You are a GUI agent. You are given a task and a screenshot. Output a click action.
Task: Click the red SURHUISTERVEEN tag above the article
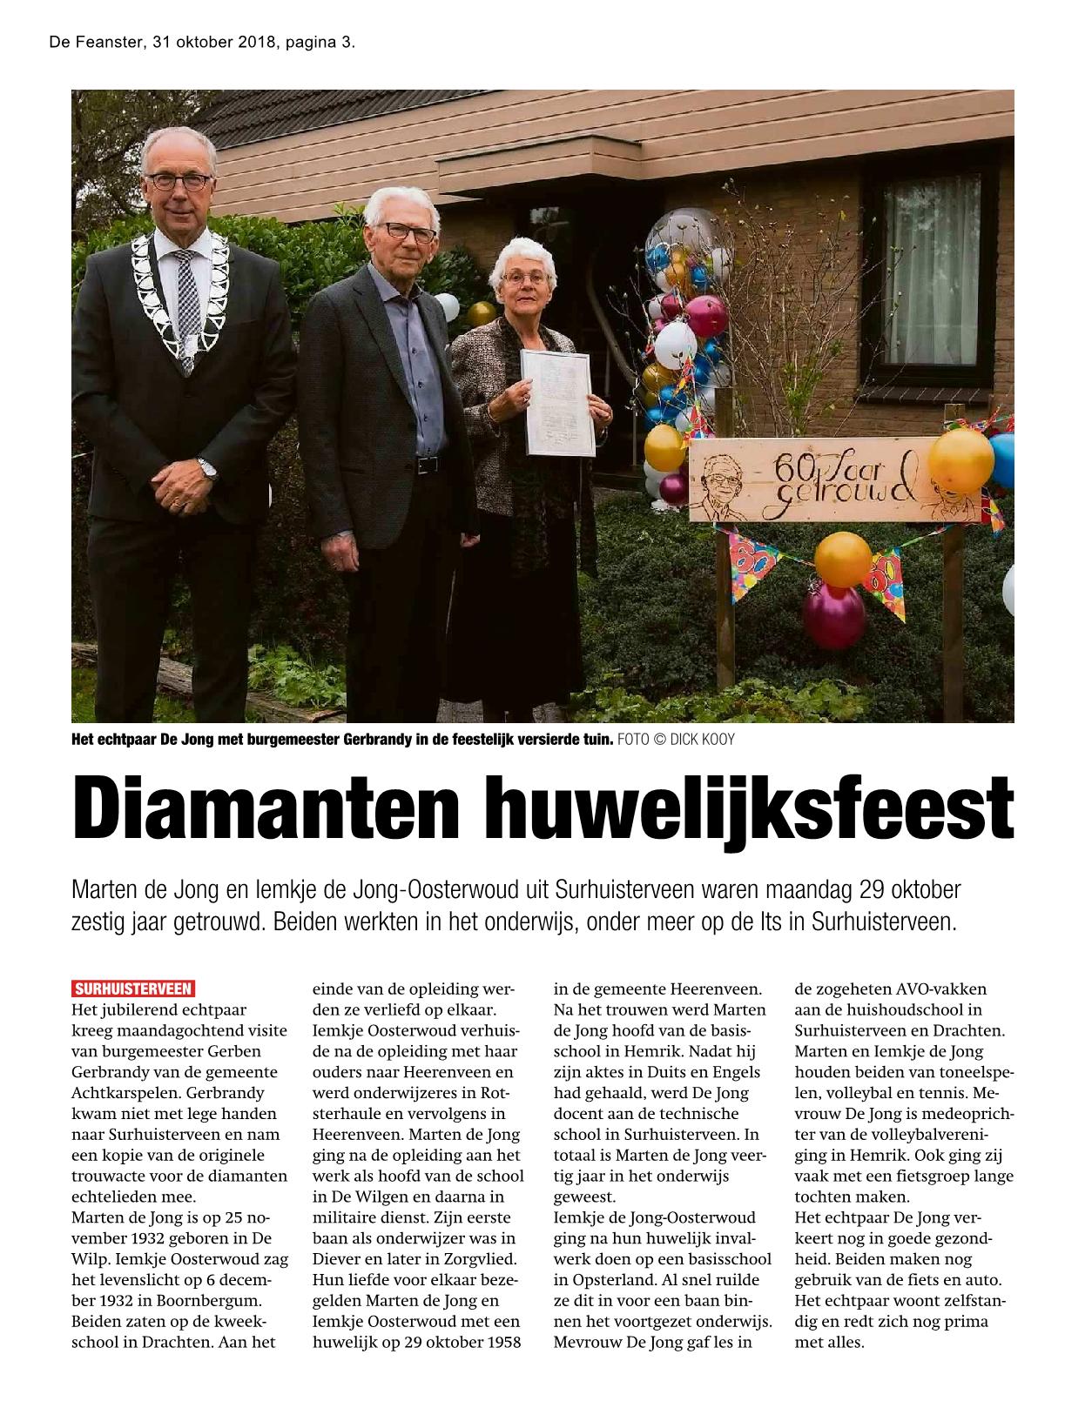click(x=133, y=989)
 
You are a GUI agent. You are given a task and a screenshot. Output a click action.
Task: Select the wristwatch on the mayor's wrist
click(x=206, y=467)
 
